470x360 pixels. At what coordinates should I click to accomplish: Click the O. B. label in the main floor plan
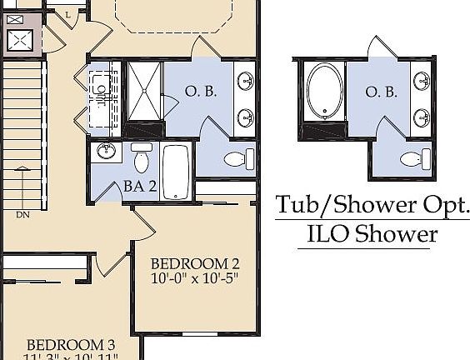[x=202, y=92]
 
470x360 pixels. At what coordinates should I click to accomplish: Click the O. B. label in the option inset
[x=381, y=92]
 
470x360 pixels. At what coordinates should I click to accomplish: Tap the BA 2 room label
[x=140, y=185]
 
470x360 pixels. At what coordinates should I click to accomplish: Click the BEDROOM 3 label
[x=70, y=345]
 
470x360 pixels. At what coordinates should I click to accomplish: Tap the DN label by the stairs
[x=22, y=214]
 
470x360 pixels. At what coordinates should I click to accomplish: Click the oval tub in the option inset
[x=322, y=92]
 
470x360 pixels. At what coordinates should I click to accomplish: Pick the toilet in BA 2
[x=142, y=157]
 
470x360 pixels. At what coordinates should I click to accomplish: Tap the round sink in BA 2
[x=106, y=152]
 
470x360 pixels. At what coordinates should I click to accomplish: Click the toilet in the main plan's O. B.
[x=233, y=158]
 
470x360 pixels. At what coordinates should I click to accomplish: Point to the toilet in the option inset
[x=411, y=158]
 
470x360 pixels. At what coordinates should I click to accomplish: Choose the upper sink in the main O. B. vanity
[x=247, y=81]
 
